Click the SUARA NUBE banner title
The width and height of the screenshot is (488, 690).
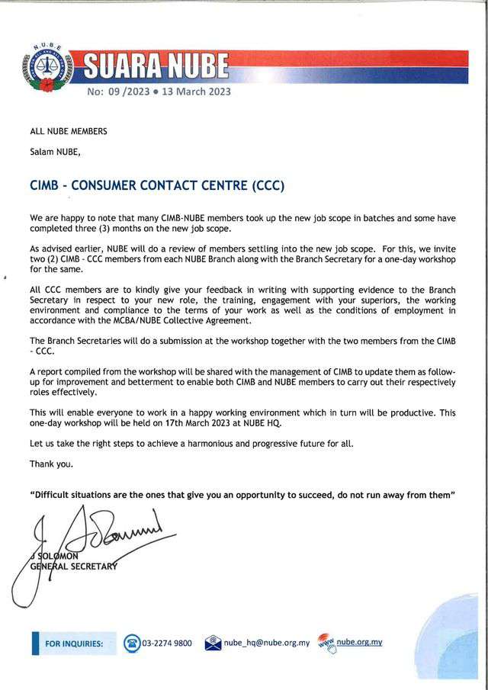(157, 66)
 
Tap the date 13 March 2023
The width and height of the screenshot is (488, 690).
(196, 92)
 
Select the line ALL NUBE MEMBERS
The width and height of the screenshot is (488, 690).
(68, 131)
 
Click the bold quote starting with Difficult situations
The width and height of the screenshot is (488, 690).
(242, 495)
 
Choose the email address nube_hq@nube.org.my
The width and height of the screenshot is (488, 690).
(267, 643)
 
